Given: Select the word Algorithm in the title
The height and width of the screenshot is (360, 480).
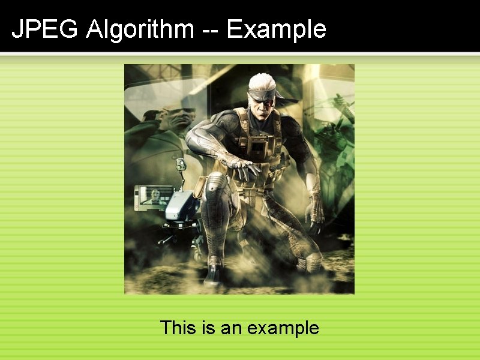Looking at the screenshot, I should pos(139,29).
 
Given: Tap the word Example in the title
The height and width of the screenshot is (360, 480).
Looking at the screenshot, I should pos(277,29).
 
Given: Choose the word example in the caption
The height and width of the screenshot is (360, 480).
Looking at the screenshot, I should pos(283,328).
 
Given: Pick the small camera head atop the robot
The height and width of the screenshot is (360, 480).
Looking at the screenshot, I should pos(179,163).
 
